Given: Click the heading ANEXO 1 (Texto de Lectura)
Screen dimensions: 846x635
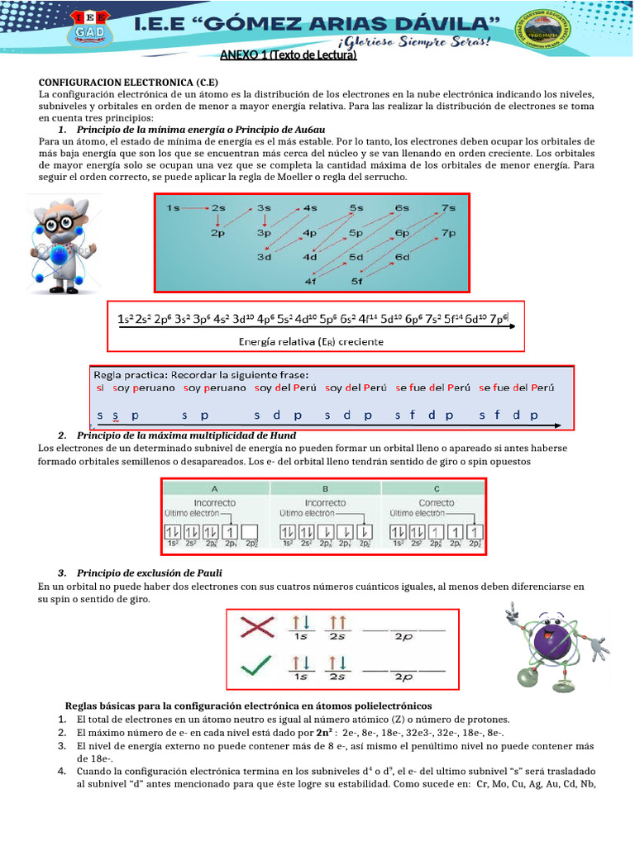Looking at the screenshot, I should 288,56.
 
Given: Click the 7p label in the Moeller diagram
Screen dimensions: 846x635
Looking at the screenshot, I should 448,233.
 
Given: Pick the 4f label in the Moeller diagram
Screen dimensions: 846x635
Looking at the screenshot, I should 311,281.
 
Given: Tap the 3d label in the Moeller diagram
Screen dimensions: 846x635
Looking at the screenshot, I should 264,257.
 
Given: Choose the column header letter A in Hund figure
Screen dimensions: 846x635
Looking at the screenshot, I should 214,488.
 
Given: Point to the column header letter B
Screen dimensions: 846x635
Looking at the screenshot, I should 325,488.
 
